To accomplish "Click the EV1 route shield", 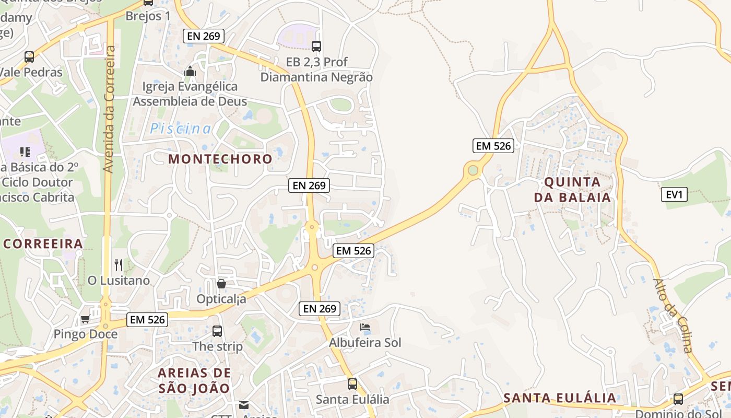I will pos(674,195).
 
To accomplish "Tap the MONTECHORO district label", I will pos(220,159).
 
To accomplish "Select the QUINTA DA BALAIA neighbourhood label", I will pos(577,190).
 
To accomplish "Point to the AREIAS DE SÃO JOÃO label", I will pos(194,380).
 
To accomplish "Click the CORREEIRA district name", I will pos(43,243).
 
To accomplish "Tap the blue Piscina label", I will pos(181,129).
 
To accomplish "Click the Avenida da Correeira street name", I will pos(109,109).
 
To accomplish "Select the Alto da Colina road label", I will pos(674,316).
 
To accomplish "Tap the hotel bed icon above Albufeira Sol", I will pos(365,328).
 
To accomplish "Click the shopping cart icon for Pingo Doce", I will pos(85,319).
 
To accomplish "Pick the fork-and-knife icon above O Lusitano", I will pos(119,265).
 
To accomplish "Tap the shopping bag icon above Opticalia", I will pos(221,284).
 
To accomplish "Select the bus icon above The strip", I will pos(217,331).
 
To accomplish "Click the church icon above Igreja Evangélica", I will pos(190,71).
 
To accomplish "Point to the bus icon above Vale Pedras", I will pos(29,57).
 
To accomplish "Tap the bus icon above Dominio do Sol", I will pos(678,399).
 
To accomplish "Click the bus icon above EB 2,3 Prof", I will pos(316,47).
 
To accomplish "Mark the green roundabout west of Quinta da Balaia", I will pos(473,170).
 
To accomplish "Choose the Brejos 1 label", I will pos(148,16).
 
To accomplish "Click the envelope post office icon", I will pos(244,404).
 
